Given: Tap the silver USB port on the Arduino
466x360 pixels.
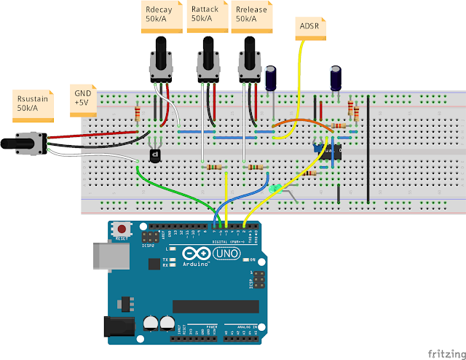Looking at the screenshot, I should point(101,258).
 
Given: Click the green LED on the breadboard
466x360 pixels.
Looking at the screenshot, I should point(275,189).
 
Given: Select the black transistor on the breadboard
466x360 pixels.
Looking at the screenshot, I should point(154,154).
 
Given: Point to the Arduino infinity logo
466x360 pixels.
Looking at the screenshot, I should point(193,254).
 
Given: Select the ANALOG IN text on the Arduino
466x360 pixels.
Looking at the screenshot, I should point(240,325).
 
